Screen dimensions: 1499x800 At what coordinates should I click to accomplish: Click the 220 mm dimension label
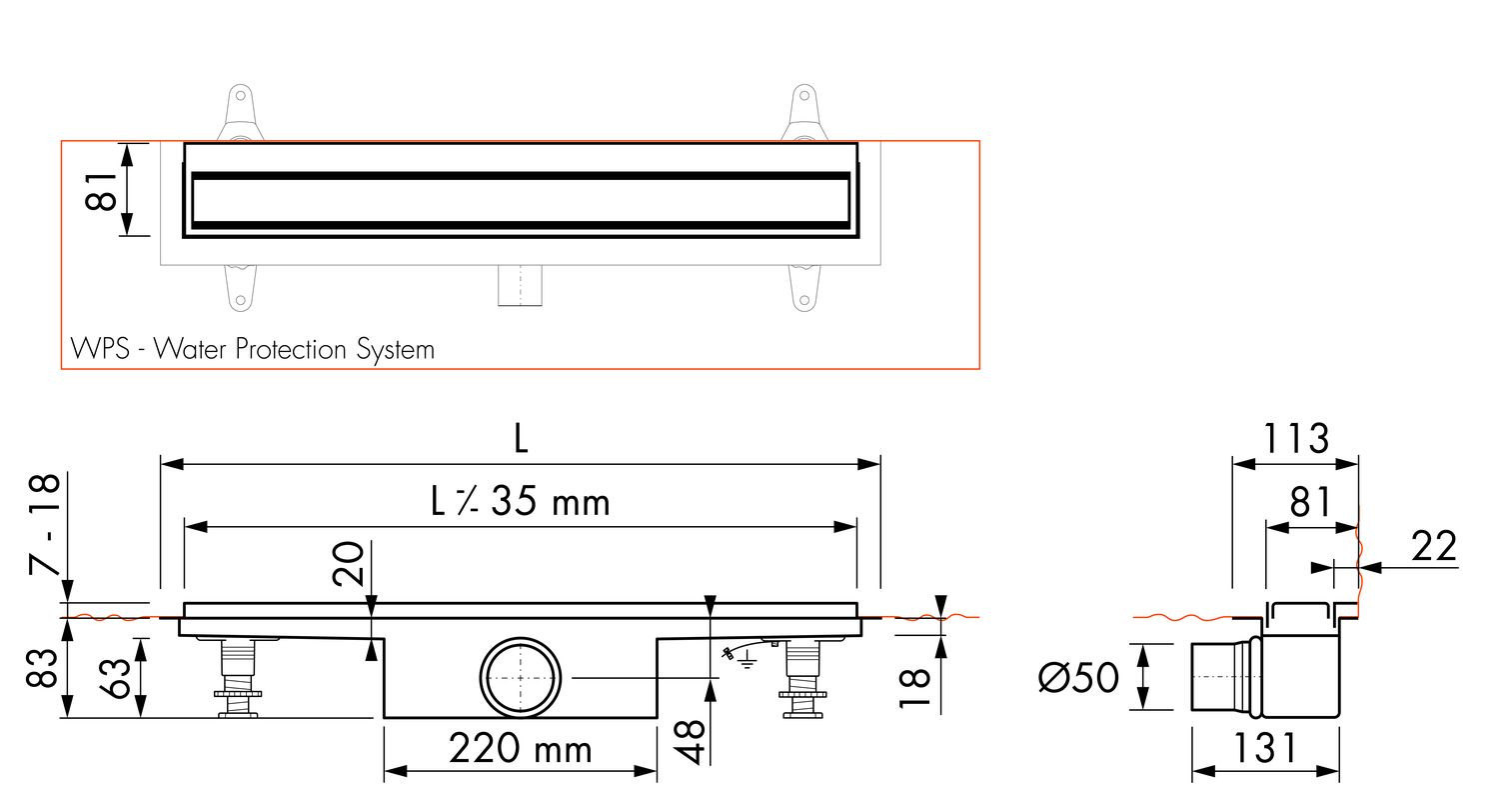pos(520,748)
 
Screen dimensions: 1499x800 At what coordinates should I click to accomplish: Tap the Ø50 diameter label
pos(1078,677)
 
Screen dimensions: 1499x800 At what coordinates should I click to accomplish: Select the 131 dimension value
pos(1264,748)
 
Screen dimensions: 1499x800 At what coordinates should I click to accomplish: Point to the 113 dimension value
pos(1295,438)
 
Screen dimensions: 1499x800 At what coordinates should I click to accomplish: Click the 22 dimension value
pos(1434,546)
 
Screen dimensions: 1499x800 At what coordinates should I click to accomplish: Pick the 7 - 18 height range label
pos(46,524)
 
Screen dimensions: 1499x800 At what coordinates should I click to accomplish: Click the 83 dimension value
pos(42,667)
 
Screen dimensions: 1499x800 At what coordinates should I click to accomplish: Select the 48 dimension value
pos(690,742)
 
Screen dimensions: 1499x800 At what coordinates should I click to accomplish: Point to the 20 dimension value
pos(348,564)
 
